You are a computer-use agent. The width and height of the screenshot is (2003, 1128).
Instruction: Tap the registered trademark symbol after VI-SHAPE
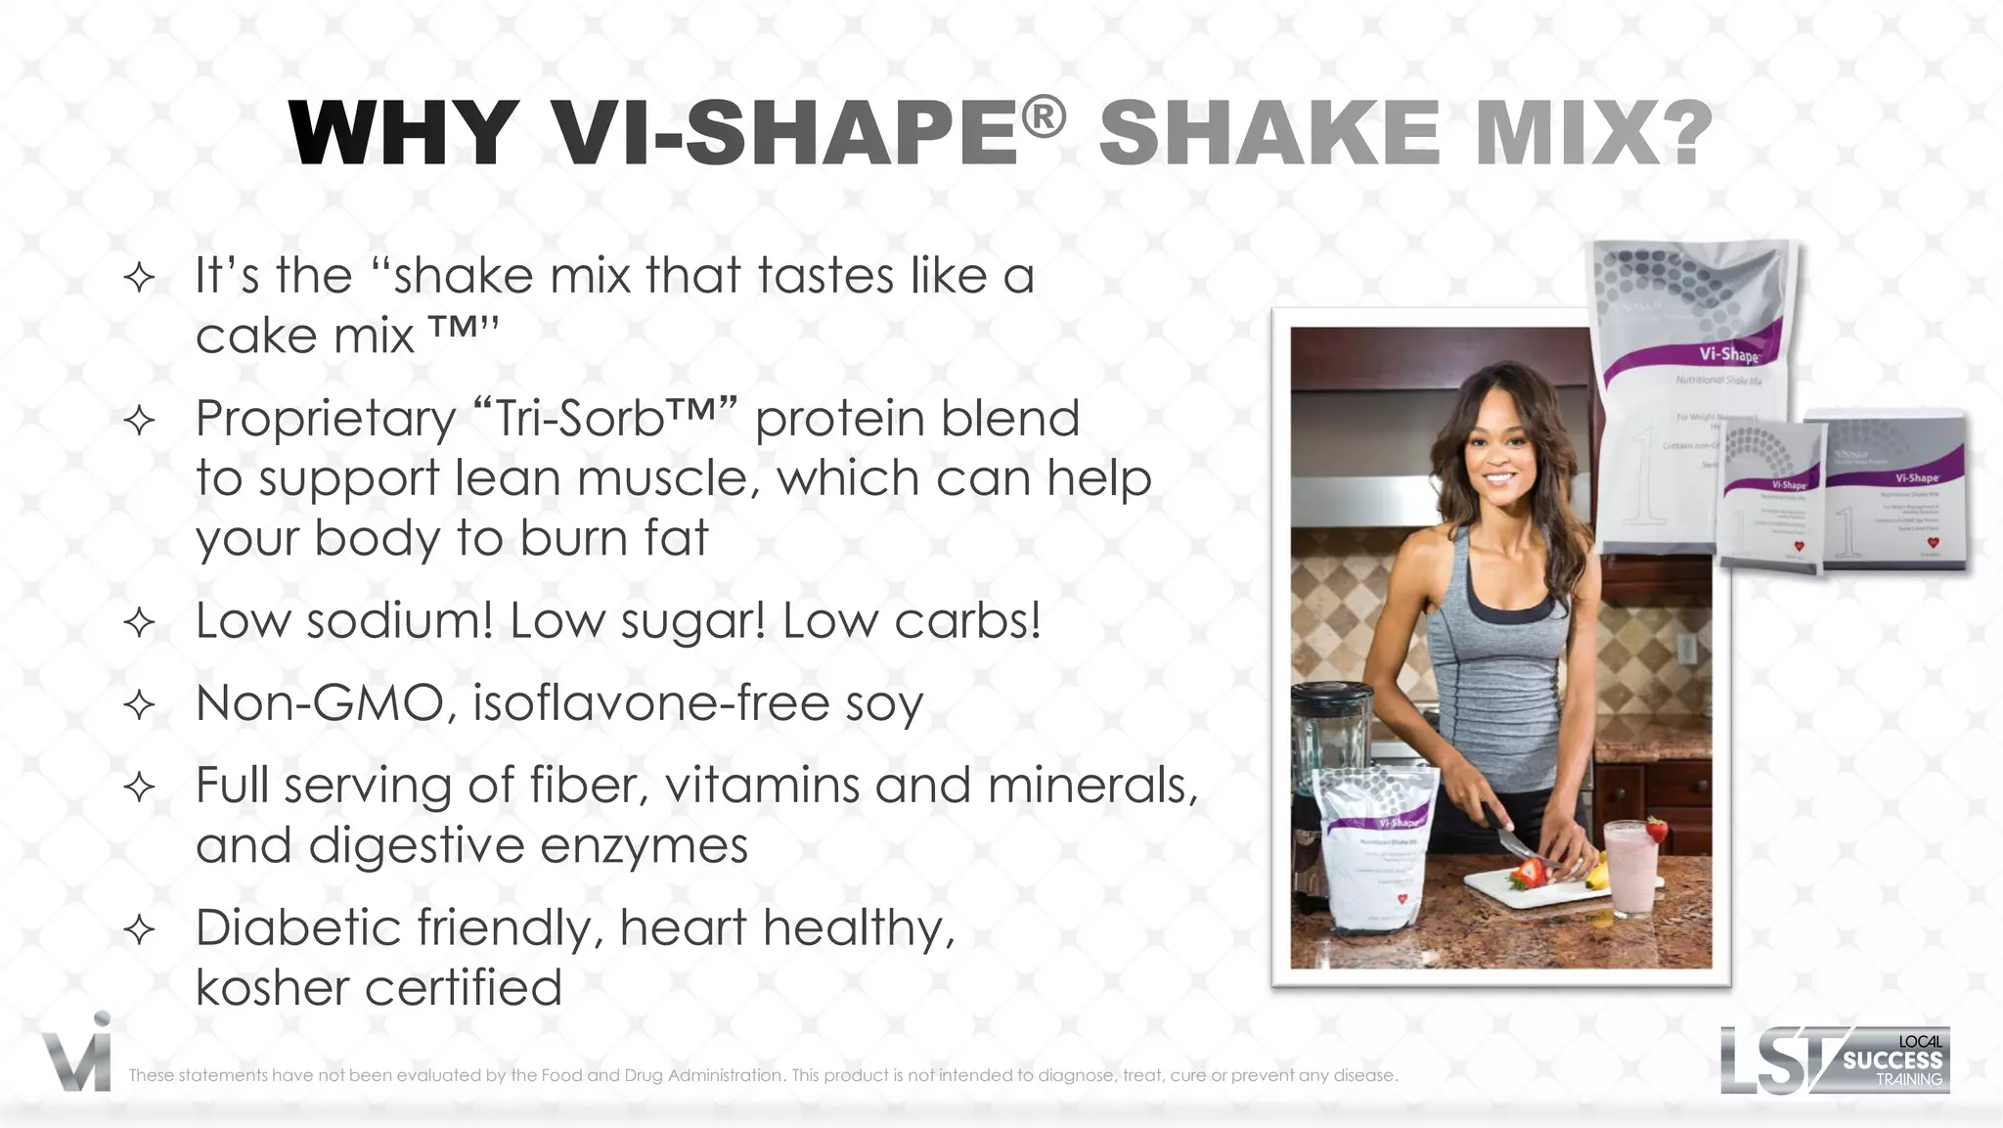pos(1044,117)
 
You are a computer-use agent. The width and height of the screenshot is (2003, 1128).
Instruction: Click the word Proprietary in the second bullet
pos(326,419)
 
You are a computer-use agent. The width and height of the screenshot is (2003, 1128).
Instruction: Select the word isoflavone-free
pos(651,702)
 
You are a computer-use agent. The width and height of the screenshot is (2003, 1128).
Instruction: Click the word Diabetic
pos(298,926)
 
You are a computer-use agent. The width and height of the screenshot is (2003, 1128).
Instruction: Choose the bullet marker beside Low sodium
pos(140,623)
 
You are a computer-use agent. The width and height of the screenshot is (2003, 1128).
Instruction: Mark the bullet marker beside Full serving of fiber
pos(140,788)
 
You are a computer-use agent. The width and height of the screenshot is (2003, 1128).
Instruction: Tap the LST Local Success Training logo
pos(1835,1060)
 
